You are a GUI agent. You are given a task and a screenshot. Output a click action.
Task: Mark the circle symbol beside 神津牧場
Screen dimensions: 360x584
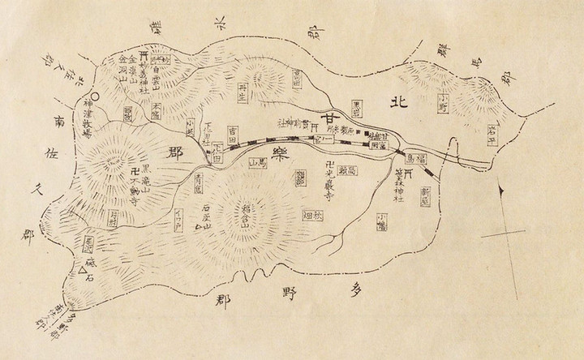(x=87, y=102)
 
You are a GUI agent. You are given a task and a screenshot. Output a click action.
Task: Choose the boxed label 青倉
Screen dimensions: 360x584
(x=198, y=183)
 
